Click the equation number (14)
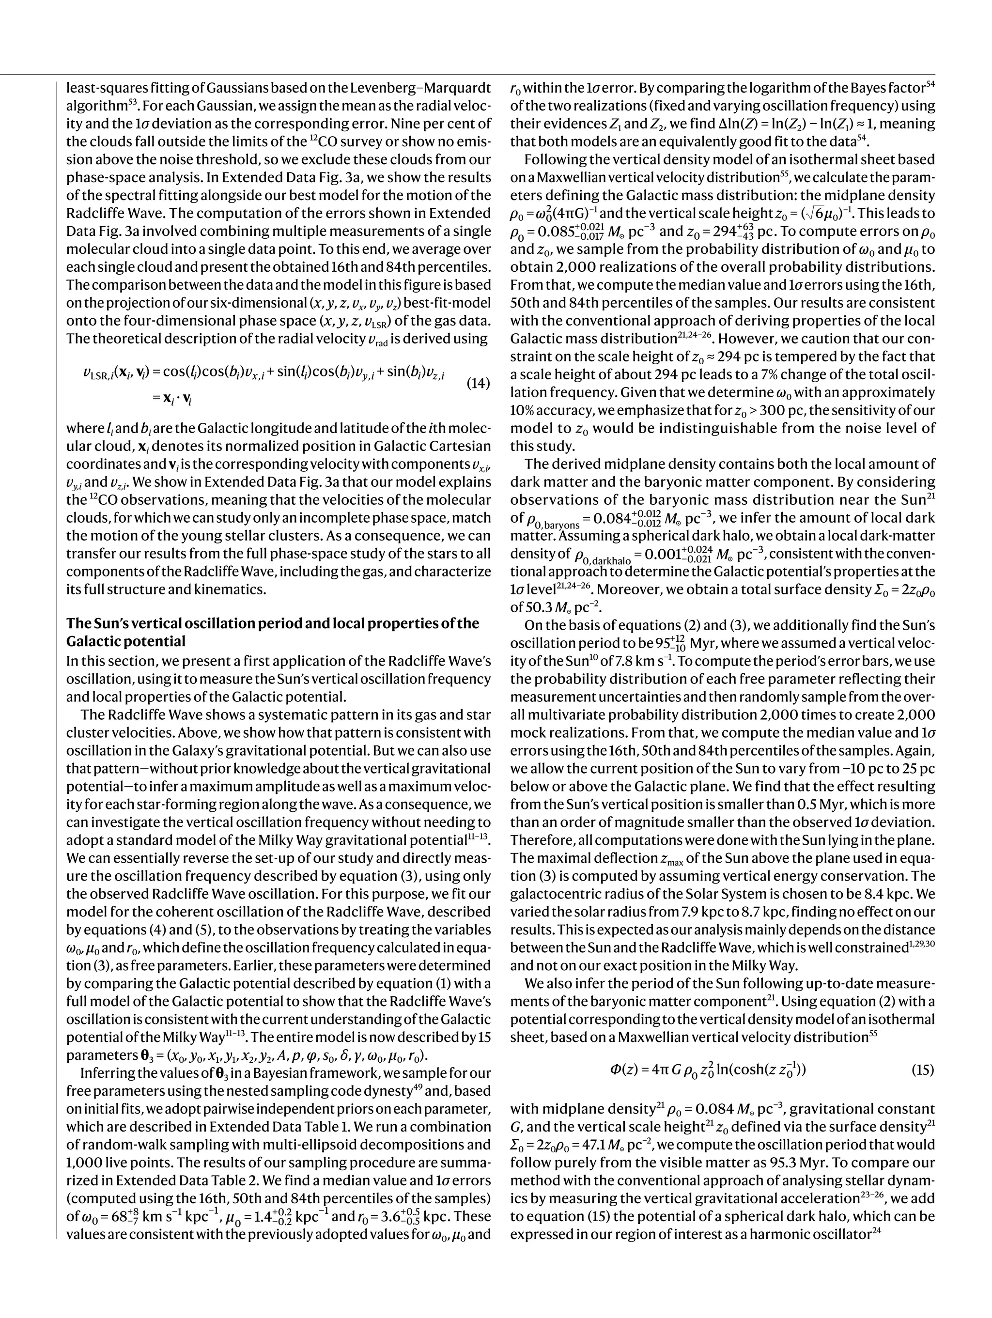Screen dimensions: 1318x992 pos(477,383)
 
